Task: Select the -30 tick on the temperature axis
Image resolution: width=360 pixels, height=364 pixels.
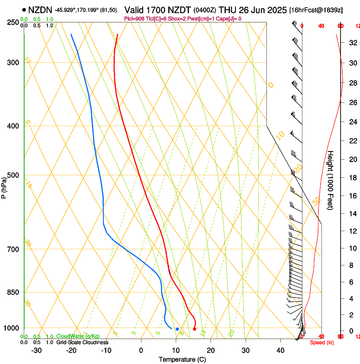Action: (36, 350)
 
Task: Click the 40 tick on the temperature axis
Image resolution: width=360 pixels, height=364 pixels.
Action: (280, 350)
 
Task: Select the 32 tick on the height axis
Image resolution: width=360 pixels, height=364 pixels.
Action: (352, 43)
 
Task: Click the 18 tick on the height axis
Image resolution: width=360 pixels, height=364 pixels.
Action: (352, 178)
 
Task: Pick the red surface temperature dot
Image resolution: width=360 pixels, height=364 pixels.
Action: (194, 328)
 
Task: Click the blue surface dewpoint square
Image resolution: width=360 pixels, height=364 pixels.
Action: (177, 329)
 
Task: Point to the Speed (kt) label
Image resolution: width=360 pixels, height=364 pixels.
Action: (321, 342)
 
